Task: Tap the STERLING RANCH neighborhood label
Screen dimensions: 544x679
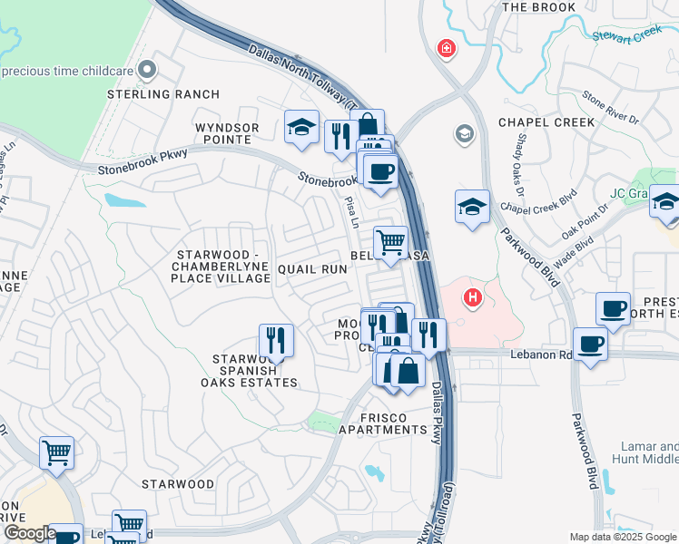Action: pyautogui.click(x=163, y=94)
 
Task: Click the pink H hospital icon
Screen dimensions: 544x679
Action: pyautogui.click(x=472, y=296)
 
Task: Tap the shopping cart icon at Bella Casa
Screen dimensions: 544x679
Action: pyautogui.click(x=390, y=242)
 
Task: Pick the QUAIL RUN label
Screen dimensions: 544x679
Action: pyautogui.click(x=312, y=269)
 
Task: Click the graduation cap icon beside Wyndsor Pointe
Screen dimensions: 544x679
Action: pyautogui.click(x=301, y=128)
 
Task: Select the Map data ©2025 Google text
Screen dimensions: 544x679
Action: pyautogui.click(x=621, y=537)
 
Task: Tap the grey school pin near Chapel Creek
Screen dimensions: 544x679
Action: pyautogui.click(x=465, y=134)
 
